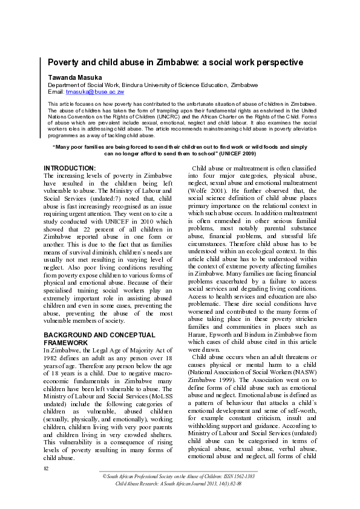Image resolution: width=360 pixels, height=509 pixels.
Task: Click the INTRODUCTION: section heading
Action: coord(70,167)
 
